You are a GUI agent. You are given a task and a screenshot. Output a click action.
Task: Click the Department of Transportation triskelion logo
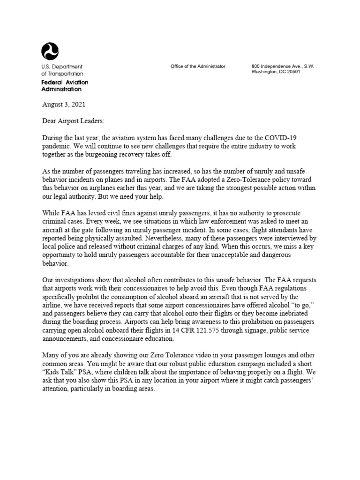[x=50, y=50]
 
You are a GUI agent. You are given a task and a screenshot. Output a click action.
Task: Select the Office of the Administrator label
[x=198, y=67]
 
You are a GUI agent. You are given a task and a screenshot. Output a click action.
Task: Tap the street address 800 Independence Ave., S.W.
[x=283, y=67]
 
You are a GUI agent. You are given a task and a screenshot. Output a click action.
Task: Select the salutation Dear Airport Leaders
[x=74, y=121]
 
